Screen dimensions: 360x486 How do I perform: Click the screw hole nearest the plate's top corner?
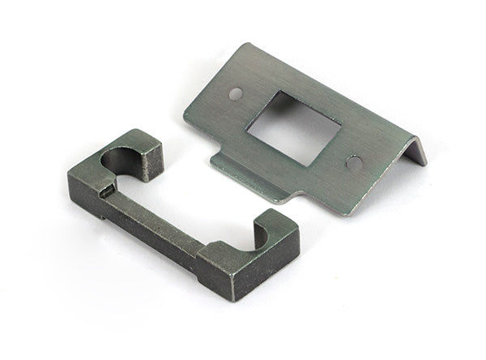click(235, 93)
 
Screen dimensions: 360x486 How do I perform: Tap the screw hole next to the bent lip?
click(354, 162)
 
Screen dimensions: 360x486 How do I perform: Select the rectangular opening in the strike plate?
click(293, 127)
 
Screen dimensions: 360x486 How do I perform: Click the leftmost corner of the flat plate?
click(185, 118)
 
